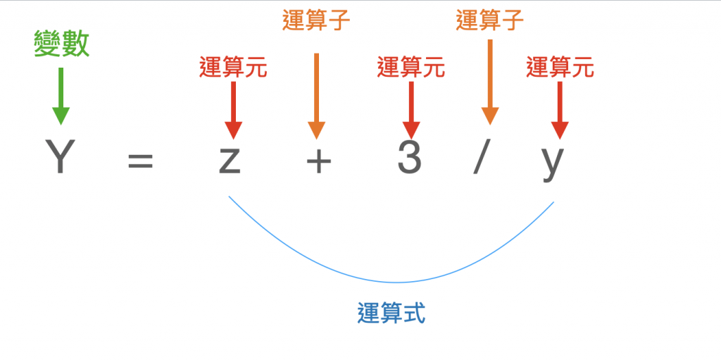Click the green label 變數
tap(62, 44)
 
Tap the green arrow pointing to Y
tap(61, 96)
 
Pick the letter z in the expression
tap(230, 160)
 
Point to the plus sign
tap(318, 161)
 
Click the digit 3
tap(409, 157)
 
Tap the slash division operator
tap(482, 159)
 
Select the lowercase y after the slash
tap(553, 161)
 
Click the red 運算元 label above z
tap(233, 68)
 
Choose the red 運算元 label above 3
tap(411, 68)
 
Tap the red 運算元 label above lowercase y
tap(560, 68)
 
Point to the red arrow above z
tap(233, 109)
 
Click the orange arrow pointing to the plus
tap(316, 95)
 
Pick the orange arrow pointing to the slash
tap(490, 81)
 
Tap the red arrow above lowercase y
tap(560, 109)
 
